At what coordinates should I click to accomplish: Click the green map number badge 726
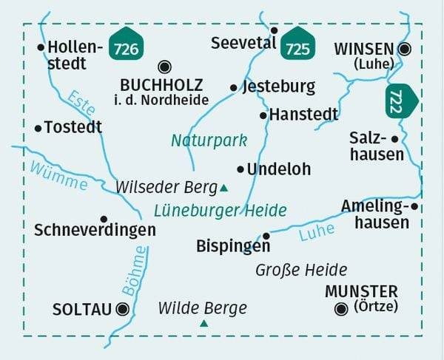pos(126,46)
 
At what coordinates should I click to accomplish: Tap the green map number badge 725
pos(297,46)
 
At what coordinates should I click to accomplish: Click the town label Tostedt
pos(73,128)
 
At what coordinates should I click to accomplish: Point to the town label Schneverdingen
pos(95,231)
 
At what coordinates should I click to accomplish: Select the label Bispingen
pos(233,245)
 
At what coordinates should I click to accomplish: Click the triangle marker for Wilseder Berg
pos(223,188)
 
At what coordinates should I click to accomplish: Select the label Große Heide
pos(301,270)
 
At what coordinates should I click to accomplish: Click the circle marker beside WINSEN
pos(404,49)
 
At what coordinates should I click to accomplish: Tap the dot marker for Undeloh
pos(240,169)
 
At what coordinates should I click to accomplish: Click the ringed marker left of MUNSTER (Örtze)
pos(340,309)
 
